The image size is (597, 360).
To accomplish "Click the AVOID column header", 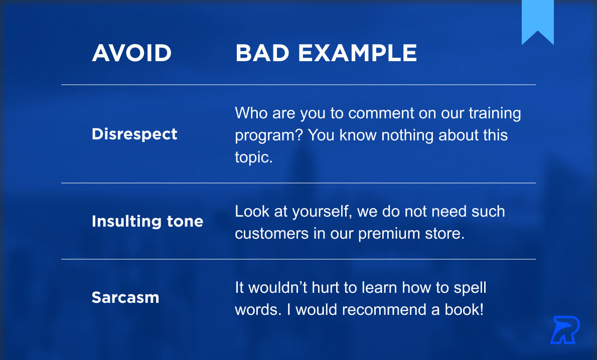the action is [x=132, y=53].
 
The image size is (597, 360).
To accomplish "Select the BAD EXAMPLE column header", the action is [x=326, y=53].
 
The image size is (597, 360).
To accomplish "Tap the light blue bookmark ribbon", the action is [x=538, y=22].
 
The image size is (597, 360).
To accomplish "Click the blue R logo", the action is [x=564, y=330].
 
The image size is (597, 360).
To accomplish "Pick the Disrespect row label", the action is [x=134, y=134].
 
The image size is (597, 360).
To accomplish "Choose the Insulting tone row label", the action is [x=147, y=221].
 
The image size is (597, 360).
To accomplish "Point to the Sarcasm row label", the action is [x=125, y=297].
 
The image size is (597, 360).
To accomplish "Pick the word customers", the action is [x=271, y=234].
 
